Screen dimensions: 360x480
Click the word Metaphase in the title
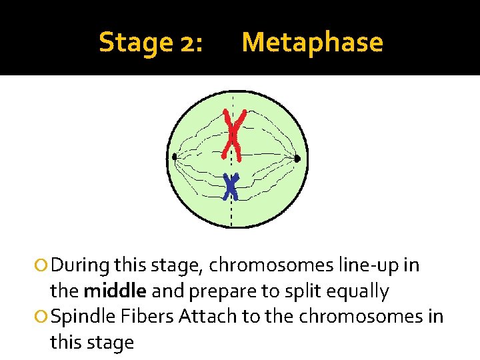click(312, 43)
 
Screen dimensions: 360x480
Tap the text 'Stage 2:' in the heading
click(151, 43)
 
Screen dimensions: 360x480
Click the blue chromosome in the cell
click(231, 187)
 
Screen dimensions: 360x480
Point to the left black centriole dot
click(174, 157)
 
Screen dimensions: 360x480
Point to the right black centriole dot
click(297, 159)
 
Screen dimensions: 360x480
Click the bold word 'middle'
click(114, 291)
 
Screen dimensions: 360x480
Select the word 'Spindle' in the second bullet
click(81, 316)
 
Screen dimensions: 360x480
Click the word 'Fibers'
click(145, 316)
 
